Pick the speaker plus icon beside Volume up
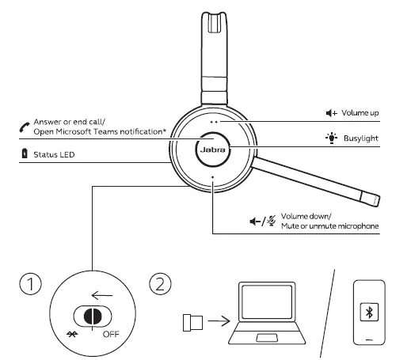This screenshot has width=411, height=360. pyautogui.click(x=327, y=113)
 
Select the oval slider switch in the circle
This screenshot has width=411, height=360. pyautogui.click(x=89, y=313)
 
